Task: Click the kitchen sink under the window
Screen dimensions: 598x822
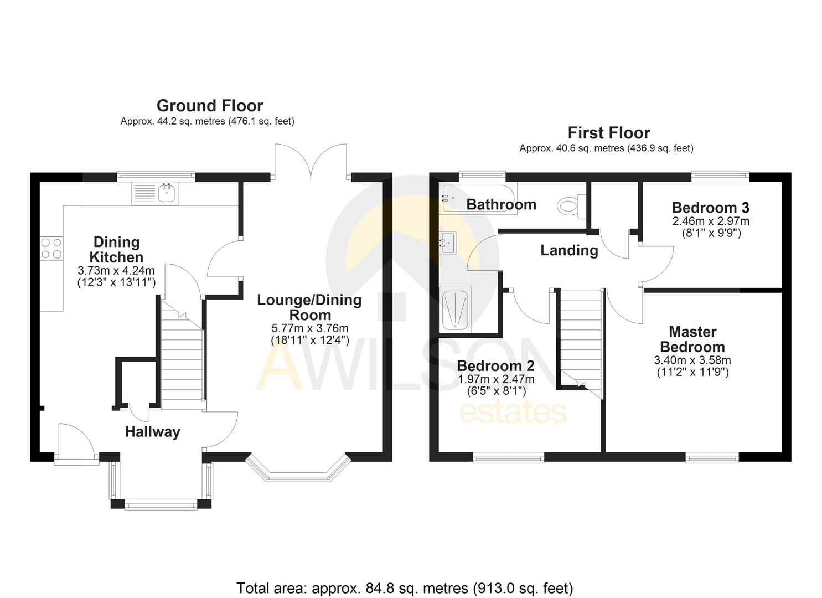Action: pyautogui.click(x=166, y=193)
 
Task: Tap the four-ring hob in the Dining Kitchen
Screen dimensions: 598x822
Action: pyautogui.click(x=51, y=248)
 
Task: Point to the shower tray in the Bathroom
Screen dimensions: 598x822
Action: pyautogui.click(x=456, y=310)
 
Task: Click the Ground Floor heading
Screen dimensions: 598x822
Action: pyautogui.click(x=210, y=105)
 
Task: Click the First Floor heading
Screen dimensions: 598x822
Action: pyautogui.click(x=608, y=133)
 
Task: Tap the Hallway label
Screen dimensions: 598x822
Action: pyautogui.click(x=153, y=432)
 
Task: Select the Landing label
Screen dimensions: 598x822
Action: pyautogui.click(x=569, y=250)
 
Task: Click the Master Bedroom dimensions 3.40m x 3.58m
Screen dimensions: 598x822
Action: pyautogui.click(x=692, y=360)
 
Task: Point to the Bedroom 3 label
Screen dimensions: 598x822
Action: pyautogui.click(x=710, y=208)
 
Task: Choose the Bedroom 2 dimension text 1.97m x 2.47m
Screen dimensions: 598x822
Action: pyautogui.click(x=496, y=379)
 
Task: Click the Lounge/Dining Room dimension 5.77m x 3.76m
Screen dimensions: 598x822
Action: pyautogui.click(x=309, y=328)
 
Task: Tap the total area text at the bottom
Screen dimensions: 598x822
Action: pyautogui.click(x=405, y=587)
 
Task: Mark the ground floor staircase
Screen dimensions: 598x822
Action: pyautogui.click(x=182, y=354)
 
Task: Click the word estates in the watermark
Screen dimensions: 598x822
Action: pyautogui.click(x=513, y=413)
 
